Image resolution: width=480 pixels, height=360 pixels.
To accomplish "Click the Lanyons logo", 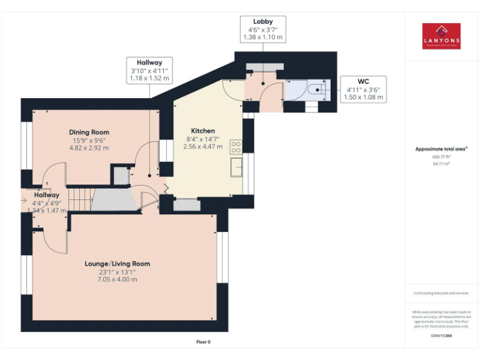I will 441,37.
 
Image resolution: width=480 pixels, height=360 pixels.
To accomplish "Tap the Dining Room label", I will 89,132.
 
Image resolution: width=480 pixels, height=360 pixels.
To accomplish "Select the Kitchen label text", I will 203,131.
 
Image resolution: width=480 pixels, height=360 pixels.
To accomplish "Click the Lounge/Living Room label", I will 117,264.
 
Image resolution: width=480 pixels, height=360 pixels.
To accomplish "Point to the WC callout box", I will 363,89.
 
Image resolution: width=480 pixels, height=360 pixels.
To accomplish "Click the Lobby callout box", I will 262,29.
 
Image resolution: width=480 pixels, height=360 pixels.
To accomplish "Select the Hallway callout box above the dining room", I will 149,71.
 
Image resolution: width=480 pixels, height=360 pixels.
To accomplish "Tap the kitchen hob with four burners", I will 236,147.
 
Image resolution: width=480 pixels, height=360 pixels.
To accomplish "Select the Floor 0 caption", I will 203,342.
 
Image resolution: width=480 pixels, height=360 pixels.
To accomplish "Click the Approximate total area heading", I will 441,149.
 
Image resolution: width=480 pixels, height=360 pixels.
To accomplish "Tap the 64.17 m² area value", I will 441,163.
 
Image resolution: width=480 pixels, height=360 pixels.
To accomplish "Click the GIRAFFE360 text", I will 441,336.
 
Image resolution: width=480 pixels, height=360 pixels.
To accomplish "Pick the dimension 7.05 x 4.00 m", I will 117,279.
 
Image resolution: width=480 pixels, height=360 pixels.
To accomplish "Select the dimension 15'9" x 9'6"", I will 89,140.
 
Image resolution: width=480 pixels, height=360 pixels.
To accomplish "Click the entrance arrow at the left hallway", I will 24,201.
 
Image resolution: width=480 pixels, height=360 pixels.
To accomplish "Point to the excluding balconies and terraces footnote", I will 441,293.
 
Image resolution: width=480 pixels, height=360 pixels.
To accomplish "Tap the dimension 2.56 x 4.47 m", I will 203,146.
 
